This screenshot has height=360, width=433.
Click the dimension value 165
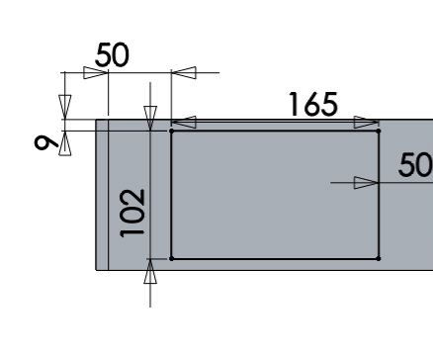click(x=313, y=104)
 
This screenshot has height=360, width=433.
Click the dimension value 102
click(x=132, y=213)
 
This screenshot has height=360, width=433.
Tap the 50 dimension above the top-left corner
click(x=112, y=54)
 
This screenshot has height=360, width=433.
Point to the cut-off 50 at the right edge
click(x=415, y=165)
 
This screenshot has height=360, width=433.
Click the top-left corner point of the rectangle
click(x=171, y=131)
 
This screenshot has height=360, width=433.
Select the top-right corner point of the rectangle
click(x=379, y=131)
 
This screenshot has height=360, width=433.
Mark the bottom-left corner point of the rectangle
click(x=171, y=259)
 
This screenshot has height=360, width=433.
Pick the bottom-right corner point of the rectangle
click(x=379, y=259)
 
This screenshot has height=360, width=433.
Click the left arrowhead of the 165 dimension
click(x=184, y=123)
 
